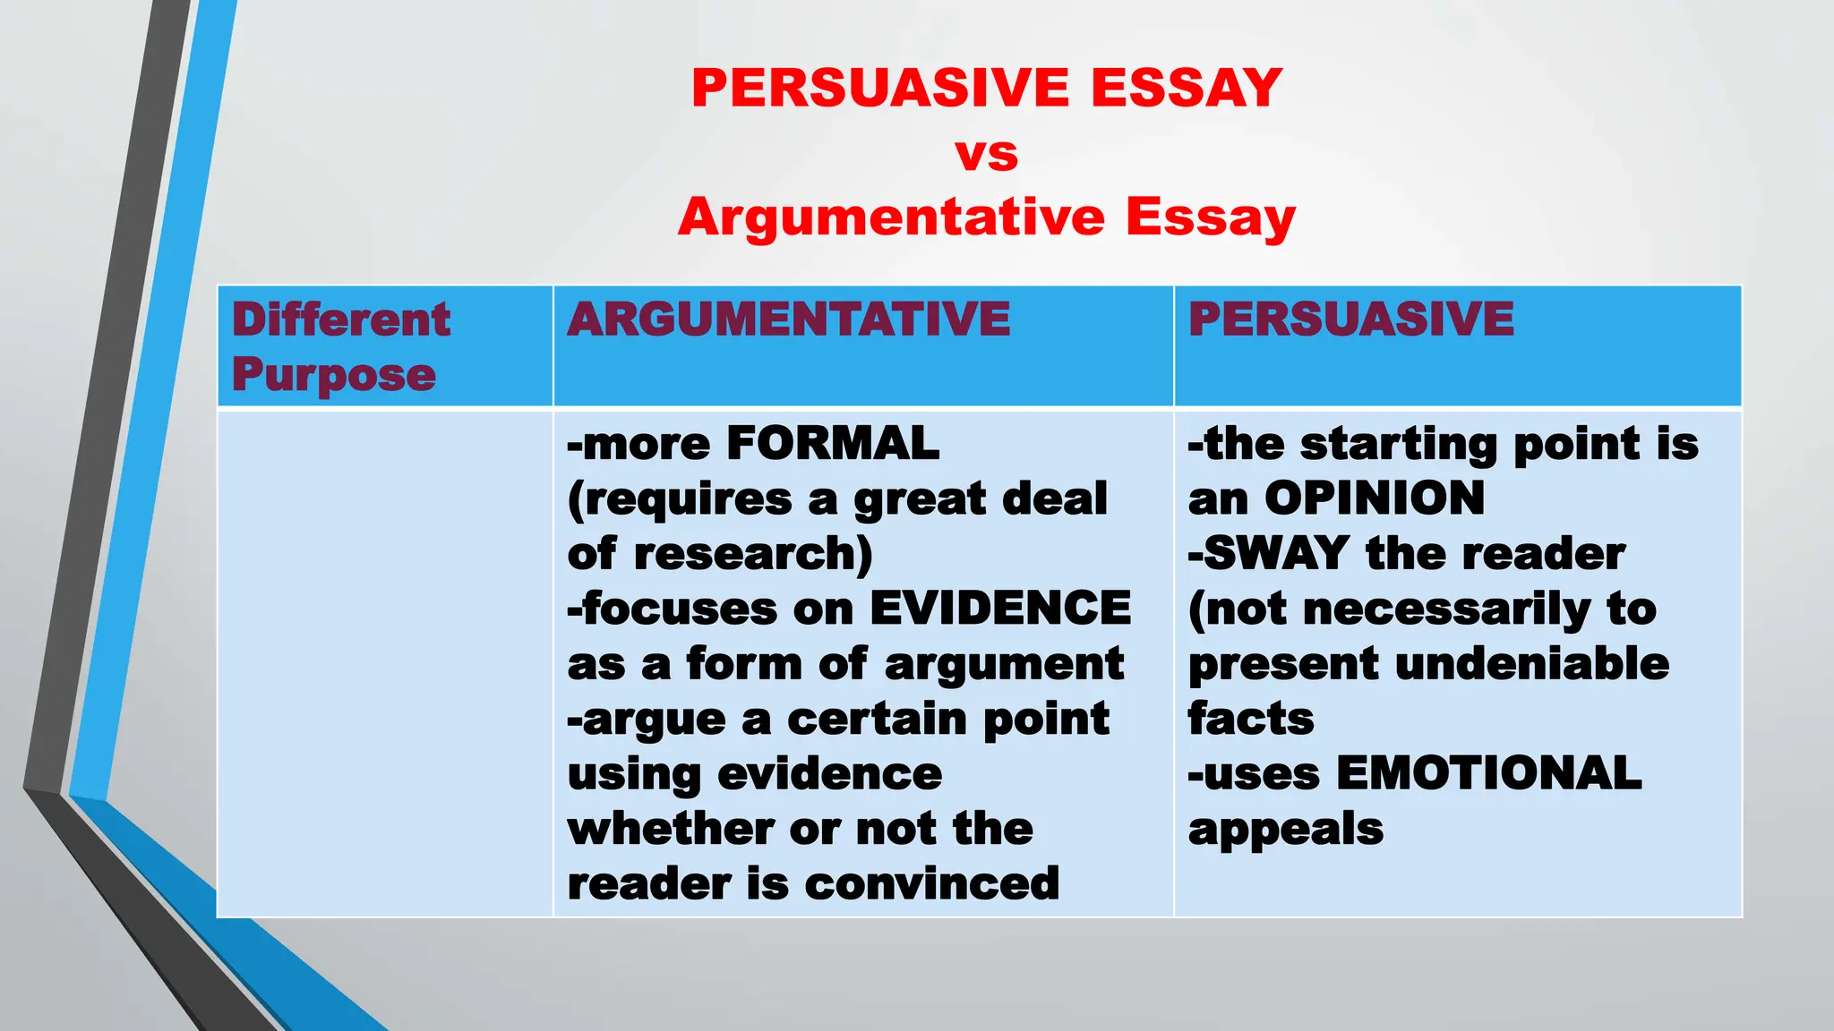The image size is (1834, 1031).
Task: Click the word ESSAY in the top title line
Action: (x=1187, y=88)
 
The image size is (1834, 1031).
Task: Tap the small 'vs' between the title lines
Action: (x=986, y=154)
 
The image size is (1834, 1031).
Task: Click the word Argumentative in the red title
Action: (x=891, y=217)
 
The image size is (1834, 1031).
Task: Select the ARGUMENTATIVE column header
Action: (x=788, y=320)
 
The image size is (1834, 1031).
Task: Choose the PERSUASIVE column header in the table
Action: (x=1350, y=320)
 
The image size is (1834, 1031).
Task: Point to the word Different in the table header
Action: (x=341, y=320)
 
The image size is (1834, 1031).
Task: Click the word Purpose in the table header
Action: (x=334, y=374)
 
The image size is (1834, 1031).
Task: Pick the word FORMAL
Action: (x=833, y=444)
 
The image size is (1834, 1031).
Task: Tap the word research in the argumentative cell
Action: (x=748, y=554)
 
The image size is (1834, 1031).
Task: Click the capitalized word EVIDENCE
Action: (x=1000, y=609)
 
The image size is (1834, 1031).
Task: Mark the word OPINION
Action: (x=1375, y=498)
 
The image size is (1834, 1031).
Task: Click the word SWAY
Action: (x=1276, y=554)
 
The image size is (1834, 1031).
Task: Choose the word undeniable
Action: (x=1532, y=664)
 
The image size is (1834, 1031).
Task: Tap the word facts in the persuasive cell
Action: (x=1250, y=719)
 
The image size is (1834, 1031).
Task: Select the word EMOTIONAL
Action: (x=1488, y=774)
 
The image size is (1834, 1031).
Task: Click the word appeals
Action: (x=1285, y=831)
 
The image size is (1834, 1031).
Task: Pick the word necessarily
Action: (x=1446, y=609)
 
